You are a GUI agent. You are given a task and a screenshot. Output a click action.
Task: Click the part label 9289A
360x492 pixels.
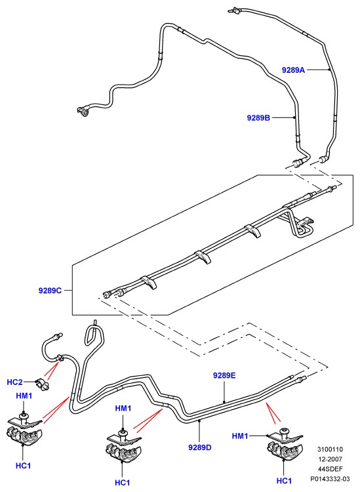[293, 70]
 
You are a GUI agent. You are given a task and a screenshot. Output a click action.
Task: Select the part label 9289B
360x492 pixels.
[258, 118]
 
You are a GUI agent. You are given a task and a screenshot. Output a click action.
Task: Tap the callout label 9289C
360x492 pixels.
[50, 291]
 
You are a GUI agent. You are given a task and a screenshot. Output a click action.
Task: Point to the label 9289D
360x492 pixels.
[200, 447]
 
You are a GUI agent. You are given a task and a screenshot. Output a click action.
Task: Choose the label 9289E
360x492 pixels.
[224, 375]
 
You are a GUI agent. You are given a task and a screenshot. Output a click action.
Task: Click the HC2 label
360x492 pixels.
[14, 382]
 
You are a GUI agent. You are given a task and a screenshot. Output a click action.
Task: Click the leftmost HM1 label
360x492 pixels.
[24, 396]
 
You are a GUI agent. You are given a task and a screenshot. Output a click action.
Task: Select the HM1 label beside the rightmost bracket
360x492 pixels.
[240, 436]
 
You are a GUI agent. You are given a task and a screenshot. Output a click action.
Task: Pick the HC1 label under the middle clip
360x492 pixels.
[123, 482]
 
